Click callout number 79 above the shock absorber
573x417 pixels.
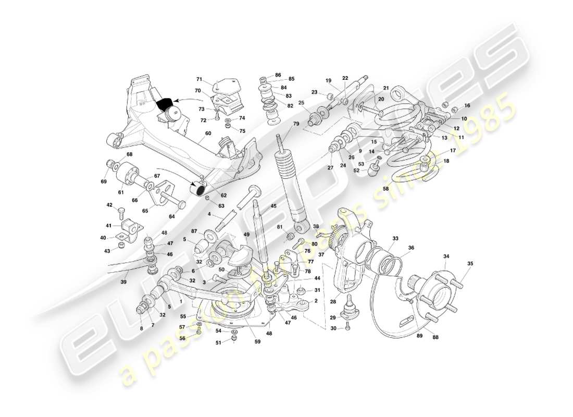click(x=296, y=124)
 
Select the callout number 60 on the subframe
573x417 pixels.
click(x=208, y=133)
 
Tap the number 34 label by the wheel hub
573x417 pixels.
click(x=446, y=256)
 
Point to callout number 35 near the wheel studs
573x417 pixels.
click(x=470, y=264)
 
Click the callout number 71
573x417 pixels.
click(x=199, y=79)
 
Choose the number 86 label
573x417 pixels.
click(x=278, y=76)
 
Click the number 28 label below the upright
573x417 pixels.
click(x=333, y=301)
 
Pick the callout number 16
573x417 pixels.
click(x=467, y=105)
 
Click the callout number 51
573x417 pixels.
click(x=218, y=342)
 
